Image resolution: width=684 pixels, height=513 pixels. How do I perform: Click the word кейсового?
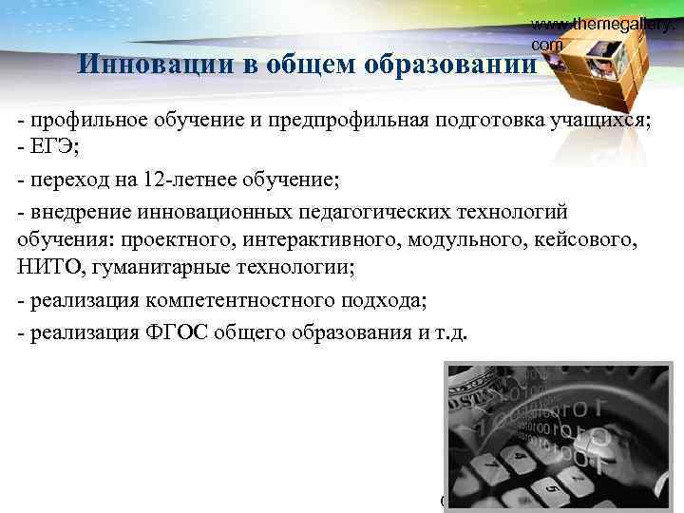pyautogui.click(x=592, y=239)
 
